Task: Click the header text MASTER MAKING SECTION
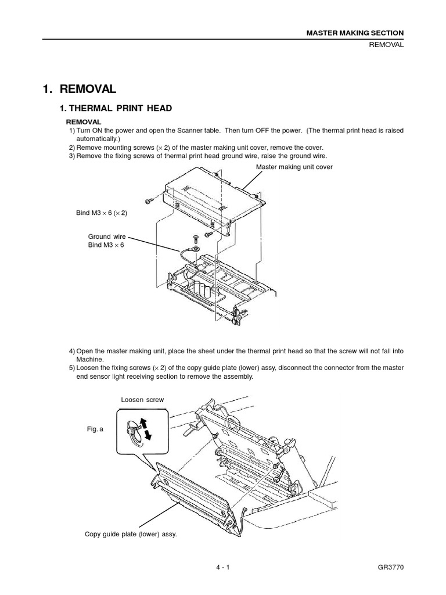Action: coord(355,33)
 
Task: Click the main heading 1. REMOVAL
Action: coord(80,89)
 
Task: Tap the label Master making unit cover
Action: coord(294,167)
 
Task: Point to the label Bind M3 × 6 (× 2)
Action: coord(102,213)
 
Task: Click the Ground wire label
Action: coord(106,236)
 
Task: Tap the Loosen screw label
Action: coord(142,400)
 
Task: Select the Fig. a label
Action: coord(95,429)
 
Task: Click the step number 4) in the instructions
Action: coord(72,351)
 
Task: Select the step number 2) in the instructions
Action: coord(72,148)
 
